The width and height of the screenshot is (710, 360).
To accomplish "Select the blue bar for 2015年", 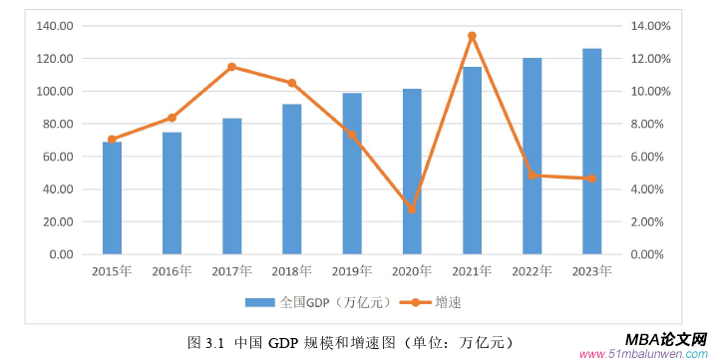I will [112, 198].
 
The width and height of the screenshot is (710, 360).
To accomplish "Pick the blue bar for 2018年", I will [291, 180].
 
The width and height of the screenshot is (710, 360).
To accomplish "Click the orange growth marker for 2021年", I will [472, 36].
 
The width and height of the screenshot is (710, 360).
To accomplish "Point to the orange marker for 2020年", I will [412, 209].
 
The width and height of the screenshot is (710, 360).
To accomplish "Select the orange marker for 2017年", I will [231, 67].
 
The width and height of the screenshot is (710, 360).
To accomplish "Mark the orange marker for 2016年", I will [172, 118].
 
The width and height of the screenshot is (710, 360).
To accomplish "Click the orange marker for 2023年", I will [591, 179].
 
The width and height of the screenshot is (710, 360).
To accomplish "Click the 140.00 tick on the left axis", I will [54, 26].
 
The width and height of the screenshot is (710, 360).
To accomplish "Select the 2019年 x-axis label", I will [351, 270].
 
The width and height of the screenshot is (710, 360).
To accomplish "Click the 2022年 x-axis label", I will [532, 270].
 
